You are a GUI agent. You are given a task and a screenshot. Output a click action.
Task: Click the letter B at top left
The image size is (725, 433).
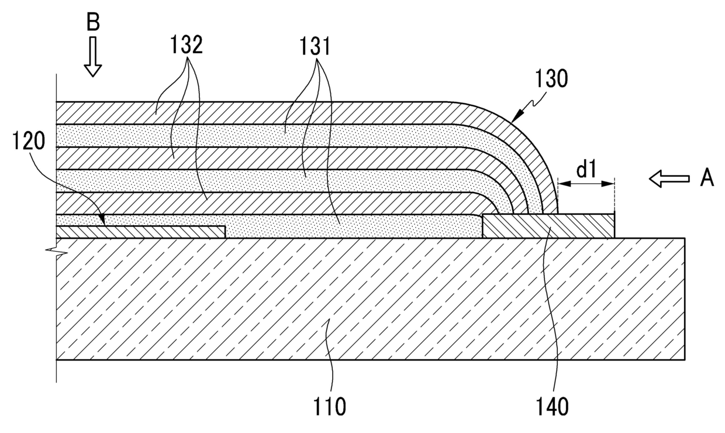[x=93, y=23]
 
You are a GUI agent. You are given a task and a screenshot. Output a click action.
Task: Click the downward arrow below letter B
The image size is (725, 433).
[x=93, y=63]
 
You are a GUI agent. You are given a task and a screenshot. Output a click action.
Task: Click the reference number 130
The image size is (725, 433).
[x=551, y=79]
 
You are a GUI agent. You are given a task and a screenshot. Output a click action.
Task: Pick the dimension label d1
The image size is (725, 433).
[x=586, y=170]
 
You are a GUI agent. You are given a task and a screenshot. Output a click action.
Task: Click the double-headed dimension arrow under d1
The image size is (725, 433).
[x=586, y=184]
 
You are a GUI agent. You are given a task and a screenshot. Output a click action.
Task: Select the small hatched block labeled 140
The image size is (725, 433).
[x=548, y=226]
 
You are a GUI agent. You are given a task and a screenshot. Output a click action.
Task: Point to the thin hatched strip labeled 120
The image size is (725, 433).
[x=140, y=232]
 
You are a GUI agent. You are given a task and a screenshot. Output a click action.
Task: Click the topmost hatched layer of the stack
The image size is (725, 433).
[x=263, y=113]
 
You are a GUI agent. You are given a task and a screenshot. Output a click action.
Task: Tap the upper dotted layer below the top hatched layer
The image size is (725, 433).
[x=263, y=136]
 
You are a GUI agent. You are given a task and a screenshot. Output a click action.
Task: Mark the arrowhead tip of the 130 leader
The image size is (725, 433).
[x=513, y=120]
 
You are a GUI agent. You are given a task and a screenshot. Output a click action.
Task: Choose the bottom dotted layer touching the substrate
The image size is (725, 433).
[x=351, y=226]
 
